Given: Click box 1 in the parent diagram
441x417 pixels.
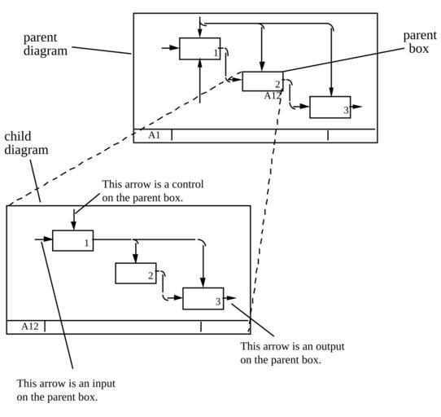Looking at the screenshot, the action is pos(199,49).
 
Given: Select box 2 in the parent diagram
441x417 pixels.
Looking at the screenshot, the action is pos(263,81).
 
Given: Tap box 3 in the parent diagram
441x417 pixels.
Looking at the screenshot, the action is pos(330,108).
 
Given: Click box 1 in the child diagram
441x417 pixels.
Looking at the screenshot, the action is pos(73,240).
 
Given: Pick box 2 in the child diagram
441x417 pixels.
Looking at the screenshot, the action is pos(136,273).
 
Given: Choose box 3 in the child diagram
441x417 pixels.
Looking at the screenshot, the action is pos(203,298).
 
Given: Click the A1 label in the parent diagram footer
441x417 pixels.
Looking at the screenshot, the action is pos(154,135).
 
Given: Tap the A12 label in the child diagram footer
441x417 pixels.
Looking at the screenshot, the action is pos(30,327).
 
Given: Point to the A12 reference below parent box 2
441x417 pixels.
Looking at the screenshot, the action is pos(273,96).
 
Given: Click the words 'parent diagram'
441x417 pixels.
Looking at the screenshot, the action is pos(46,44).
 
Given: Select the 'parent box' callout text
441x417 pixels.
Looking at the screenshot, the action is pos(420,42).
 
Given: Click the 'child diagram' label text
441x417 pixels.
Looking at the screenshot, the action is pos(26,143).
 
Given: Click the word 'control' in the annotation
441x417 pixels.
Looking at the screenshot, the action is pos(188,184).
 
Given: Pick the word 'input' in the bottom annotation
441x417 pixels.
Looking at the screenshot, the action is pos(104,384).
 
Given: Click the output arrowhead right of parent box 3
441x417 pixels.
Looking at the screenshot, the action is pos(357,107).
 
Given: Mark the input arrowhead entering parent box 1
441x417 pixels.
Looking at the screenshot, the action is pos(174,47).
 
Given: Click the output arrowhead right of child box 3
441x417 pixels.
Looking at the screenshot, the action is pos(231,298).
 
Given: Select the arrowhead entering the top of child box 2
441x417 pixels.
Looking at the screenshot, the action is pos(136,258).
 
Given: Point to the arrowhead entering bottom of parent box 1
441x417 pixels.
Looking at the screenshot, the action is pos(200,64).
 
